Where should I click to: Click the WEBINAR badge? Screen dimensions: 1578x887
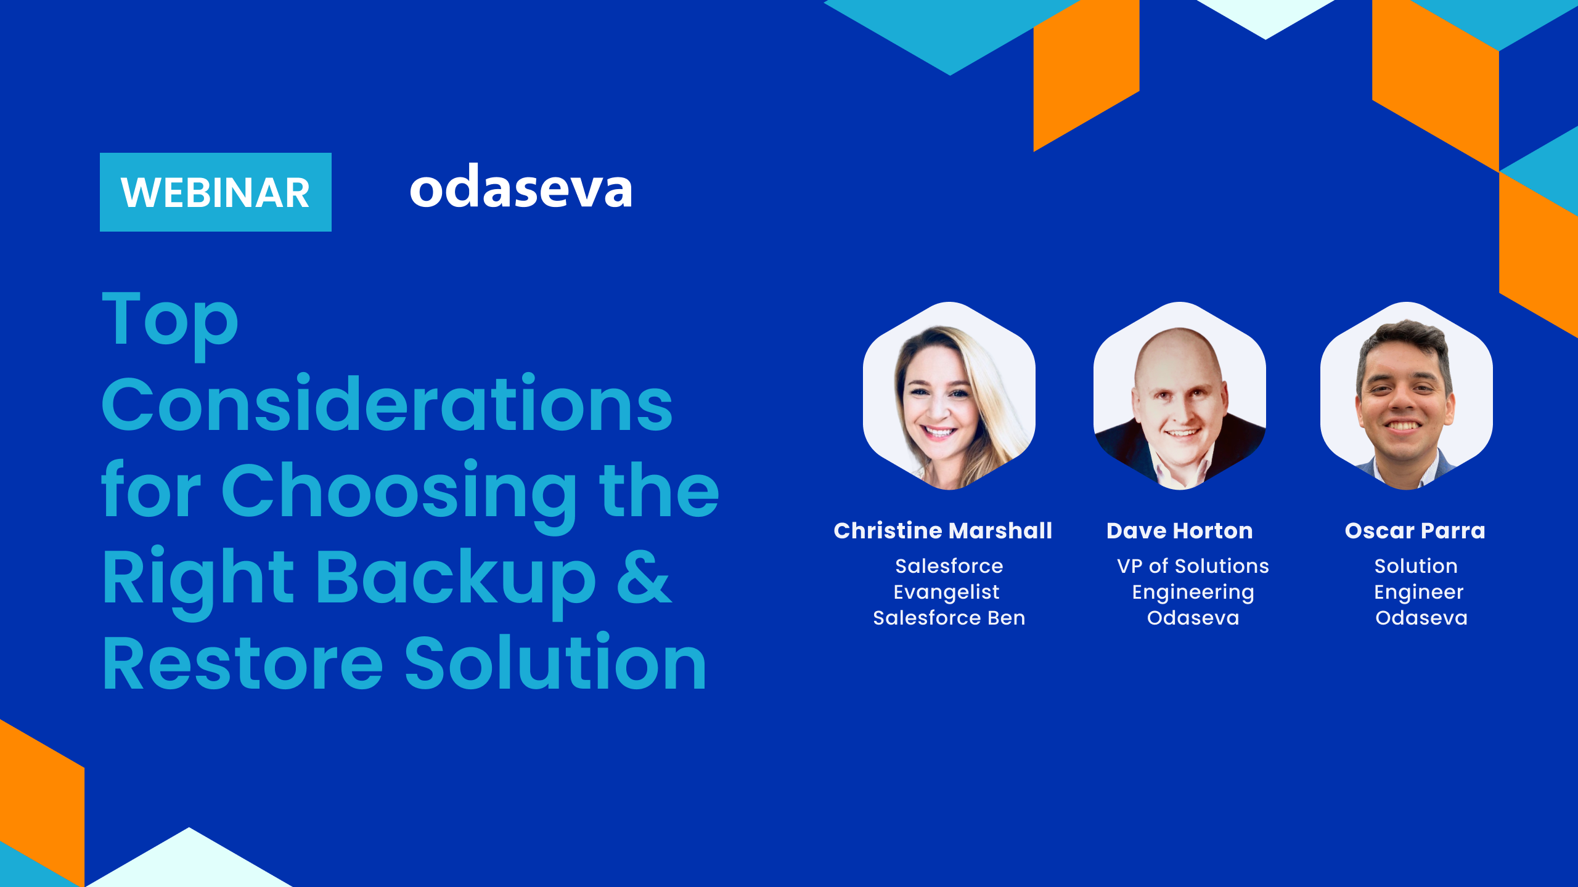(216, 192)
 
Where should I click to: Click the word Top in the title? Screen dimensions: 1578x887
(170, 324)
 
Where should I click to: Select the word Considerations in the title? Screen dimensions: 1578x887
(387, 404)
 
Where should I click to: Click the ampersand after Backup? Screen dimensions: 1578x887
(644, 577)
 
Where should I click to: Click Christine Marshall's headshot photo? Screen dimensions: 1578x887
(949, 396)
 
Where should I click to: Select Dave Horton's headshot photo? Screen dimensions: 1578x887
(1180, 396)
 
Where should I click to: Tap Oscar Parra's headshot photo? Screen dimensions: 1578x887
(1407, 396)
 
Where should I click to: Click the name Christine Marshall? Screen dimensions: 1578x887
(943, 530)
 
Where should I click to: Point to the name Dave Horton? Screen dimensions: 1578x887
(1180, 531)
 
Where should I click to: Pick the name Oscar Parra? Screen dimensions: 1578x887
(1415, 531)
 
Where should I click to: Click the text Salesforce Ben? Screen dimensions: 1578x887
(949, 618)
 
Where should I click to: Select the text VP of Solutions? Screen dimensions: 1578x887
(1193, 566)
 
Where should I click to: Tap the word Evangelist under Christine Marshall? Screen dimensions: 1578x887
(947, 593)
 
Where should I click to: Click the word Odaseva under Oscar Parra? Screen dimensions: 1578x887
(1421, 618)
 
